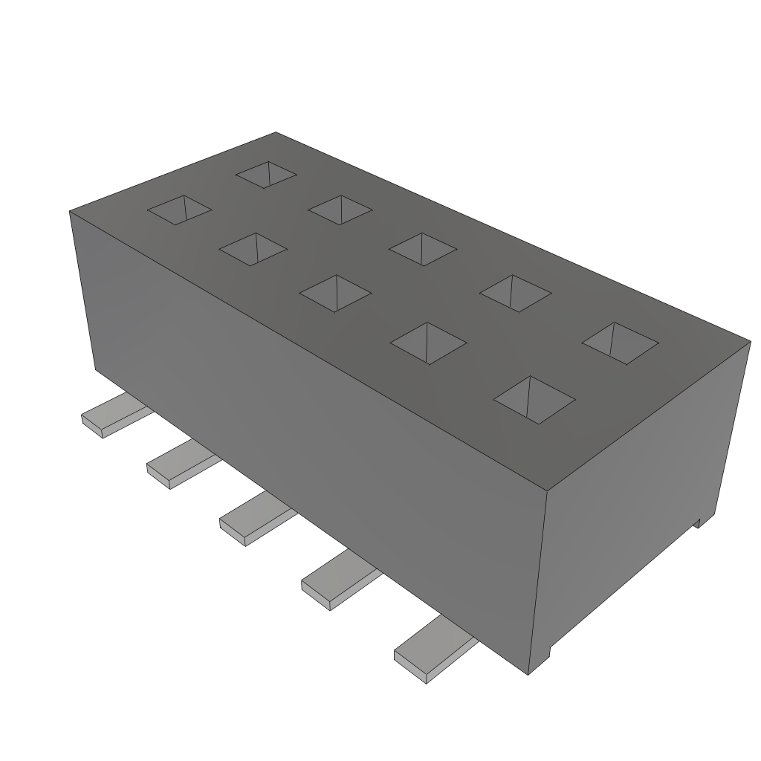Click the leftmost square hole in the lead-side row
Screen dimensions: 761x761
pyautogui.click(x=179, y=210)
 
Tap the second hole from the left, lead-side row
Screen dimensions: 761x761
pyautogui.click(x=253, y=249)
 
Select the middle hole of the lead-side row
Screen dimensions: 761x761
pyautogui.click(x=334, y=292)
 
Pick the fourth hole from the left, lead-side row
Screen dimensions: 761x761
pyautogui.click(x=428, y=343)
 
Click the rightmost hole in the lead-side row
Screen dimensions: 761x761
pyautogui.click(x=534, y=399)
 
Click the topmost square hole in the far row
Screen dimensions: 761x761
pyautogui.click(x=266, y=174)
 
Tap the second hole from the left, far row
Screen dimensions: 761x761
pyautogui.click(x=340, y=209)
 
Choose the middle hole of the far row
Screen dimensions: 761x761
pyautogui.click(x=422, y=248)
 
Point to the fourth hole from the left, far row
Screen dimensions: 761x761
pyautogui.click(x=516, y=293)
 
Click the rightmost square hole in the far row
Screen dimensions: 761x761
pyautogui.click(x=620, y=343)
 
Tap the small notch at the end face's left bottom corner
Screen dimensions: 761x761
pyautogui.click(x=548, y=653)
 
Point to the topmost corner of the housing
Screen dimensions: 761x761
pyautogui.click(x=276, y=133)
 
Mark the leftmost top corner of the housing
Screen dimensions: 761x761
pyautogui.click(x=70, y=211)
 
